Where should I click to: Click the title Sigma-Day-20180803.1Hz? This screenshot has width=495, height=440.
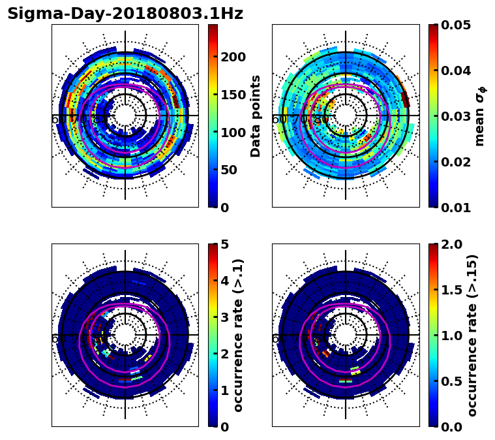pyautogui.click(x=125, y=14)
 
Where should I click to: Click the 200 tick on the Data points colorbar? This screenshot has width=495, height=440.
pyautogui.click(x=233, y=57)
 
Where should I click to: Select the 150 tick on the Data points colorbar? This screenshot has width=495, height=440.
pyautogui.click(x=233, y=95)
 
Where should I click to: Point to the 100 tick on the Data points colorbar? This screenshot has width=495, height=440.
pyautogui.click(x=233, y=133)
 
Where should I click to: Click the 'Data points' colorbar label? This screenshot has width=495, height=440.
pyautogui.click(x=256, y=116)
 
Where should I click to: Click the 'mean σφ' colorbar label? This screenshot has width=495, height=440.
pyautogui.click(x=480, y=116)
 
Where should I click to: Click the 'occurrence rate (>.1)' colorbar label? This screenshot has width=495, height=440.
pyautogui.click(x=238, y=335)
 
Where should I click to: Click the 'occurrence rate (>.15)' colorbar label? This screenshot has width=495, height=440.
pyautogui.click(x=472, y=335)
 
